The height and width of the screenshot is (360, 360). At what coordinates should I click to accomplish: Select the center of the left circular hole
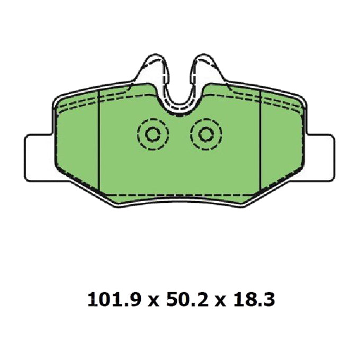click(x=152, y=135)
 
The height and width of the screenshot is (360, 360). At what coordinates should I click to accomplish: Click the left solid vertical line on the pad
click(x=100, y=143)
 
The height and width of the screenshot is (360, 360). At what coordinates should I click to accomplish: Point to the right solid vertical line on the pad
click(x=262, y=143)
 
